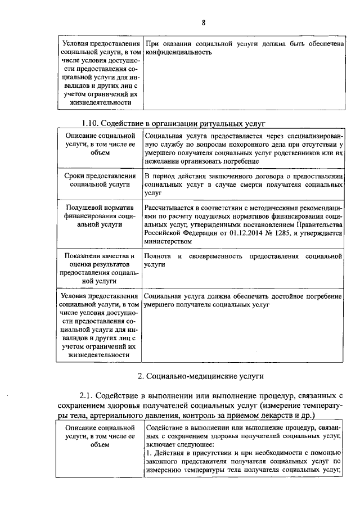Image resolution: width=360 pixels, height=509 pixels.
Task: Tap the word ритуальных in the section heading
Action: (219, 123)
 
